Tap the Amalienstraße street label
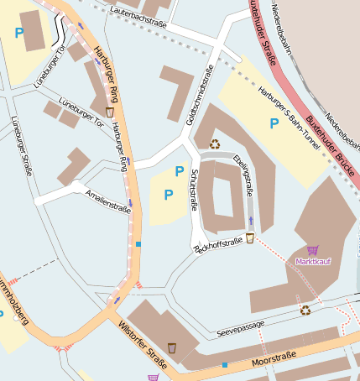coord(108,201)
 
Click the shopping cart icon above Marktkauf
coord(313,250)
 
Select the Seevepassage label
coord(240,325)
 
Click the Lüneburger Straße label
coord(21,146)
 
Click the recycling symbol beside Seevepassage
coord(305,310)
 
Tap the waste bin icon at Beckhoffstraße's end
coord(249,237)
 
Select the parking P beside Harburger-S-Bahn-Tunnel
coord(273,123)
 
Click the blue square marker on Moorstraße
coord(225,364)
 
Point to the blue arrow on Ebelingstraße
coord(250,221)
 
